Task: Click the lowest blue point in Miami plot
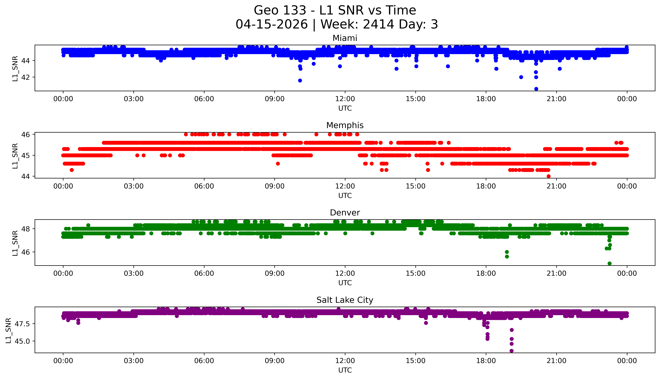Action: coord(536,89)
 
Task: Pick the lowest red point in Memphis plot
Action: coord(549,176)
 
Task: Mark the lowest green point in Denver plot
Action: coord(609,263)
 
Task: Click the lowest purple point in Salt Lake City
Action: coord(511,351)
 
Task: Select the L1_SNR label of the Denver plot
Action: coord(15,243)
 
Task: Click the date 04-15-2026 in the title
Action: coord(272,24)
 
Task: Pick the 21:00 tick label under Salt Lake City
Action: coord(556,361)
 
